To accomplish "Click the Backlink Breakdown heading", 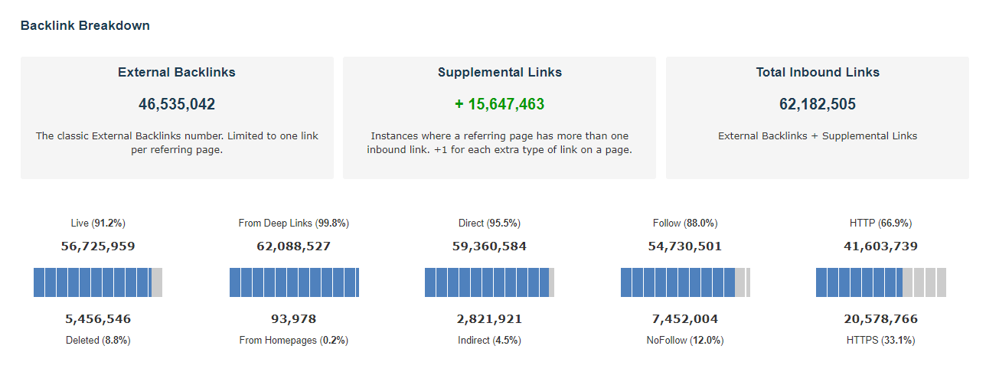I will click(x=85, y=25).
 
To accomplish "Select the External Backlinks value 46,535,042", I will click(x=177, y=104).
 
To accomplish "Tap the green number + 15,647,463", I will click(x=499, y=104).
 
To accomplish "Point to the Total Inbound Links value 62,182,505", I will click(x=818, y=104).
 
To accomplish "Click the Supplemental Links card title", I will click(x=499, y=72).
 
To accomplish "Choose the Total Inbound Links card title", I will click(x=818, y=72).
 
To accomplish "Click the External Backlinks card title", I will click(x=177, y=72).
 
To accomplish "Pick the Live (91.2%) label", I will click(x=97, y=223).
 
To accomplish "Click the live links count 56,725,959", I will click(x=98, y=246).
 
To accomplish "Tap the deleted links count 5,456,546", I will click(x=98, y=319).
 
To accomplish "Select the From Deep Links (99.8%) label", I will click(x=294, y=223).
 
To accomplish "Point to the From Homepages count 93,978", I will click(x=294, y=319).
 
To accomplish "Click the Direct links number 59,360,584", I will click(x=489, y=246).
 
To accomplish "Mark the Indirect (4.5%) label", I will click(x=489, y=340).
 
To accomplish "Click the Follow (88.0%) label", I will click(x=685, y=223).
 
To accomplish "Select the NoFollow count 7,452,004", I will click(x=685, y=319).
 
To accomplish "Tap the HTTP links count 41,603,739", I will click(x=880, y=246).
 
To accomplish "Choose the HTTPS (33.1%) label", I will click(x=880, y=340).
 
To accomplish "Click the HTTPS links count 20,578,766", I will click(x=880, y=319).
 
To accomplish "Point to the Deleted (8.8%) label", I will click(x=98, y=340).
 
